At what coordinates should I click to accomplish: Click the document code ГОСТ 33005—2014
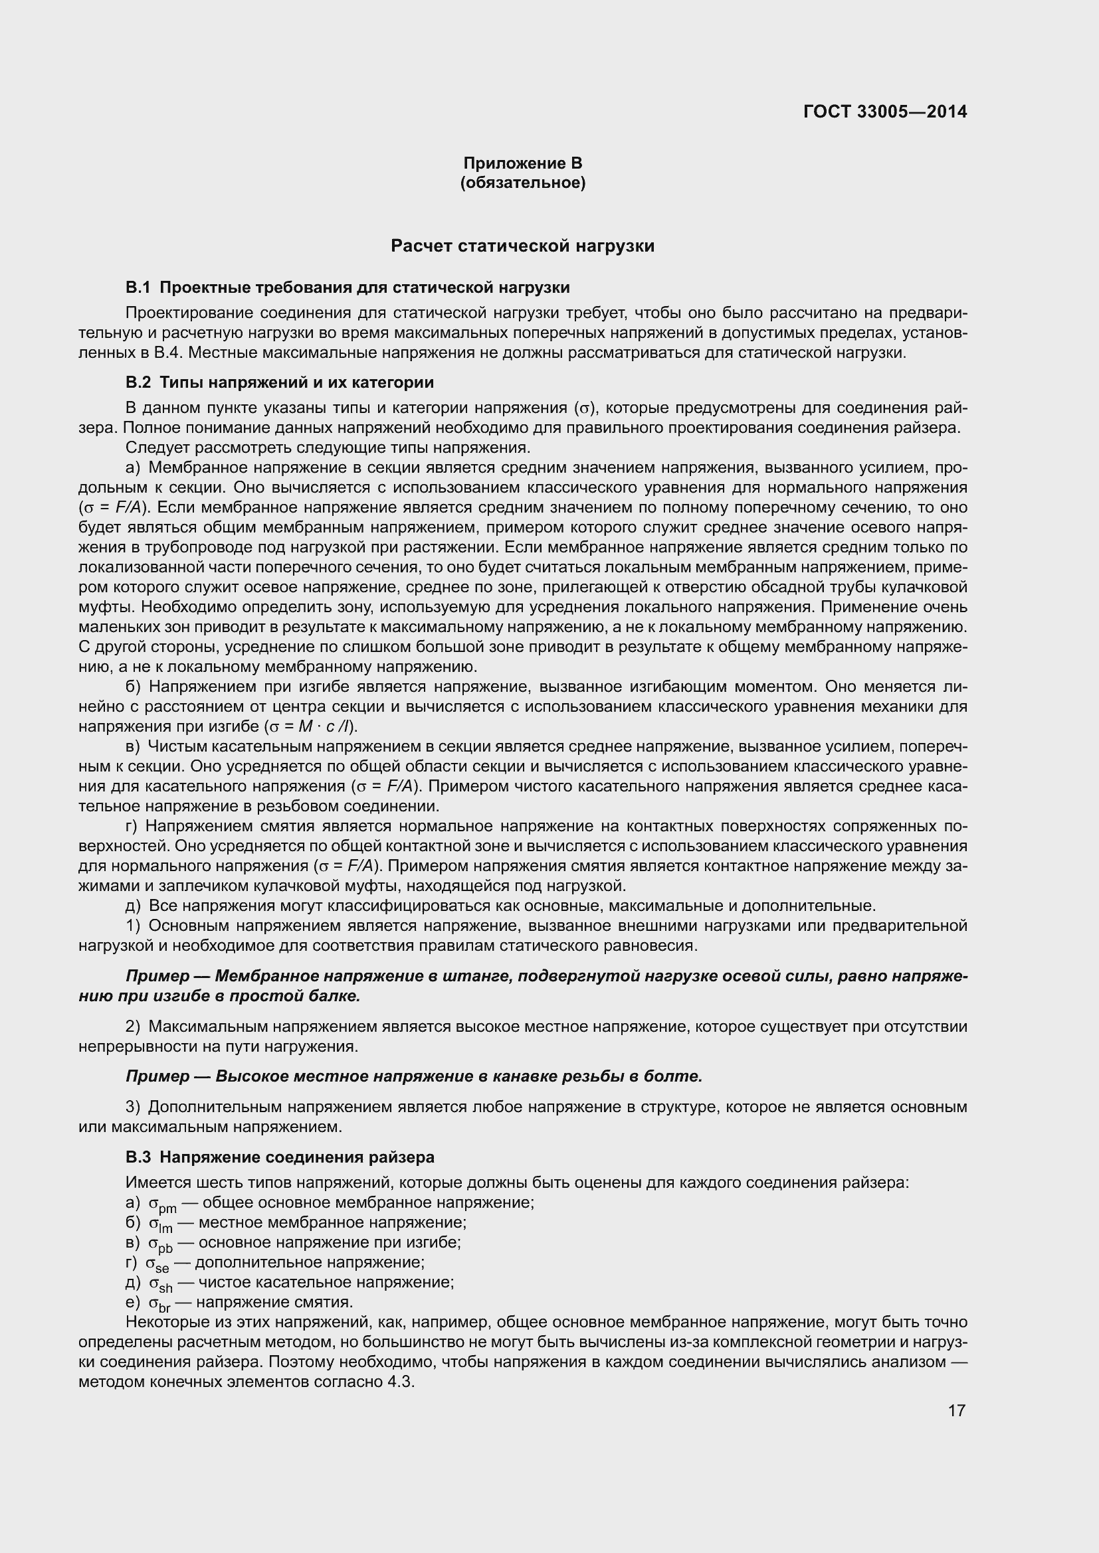pyautogui.click(x=884, y=112)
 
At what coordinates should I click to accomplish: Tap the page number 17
pyautogui.click(x=956, y=1410)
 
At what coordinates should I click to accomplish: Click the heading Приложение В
pyautogui.click(x=522, y=163)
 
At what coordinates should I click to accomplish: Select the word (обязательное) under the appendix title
pyautogui.click(x=522, y=183)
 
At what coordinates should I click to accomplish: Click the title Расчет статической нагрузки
pyautogui.click(x=522, y=246)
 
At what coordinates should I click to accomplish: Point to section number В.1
pyautogui.click(x=138, y=288)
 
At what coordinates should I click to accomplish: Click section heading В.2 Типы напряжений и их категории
pyautogui.click(x=280, y=383)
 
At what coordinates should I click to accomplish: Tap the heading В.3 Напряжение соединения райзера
pyautogui.click(x=280, y=1157)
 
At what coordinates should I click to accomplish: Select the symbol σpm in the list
pyautogui.click(x=162, y=1204)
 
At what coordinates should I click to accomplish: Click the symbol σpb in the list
pyautogui.click(x=161, y=1244)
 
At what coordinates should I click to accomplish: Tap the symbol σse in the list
pyautogui.click(x=157, y=1264)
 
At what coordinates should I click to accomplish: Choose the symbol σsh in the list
pyautogui.click(x=161, y=1284)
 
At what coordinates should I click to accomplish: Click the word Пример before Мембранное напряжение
pyautogui.click(x=157, y=977)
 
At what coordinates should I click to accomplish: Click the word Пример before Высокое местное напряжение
pyautogui.click(x=157, y=1077)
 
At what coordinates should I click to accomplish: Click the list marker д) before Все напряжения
pyautogui.click(x=134, y=906)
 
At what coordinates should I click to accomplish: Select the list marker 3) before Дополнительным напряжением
pyautogui.click(x=133, y=1107)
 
